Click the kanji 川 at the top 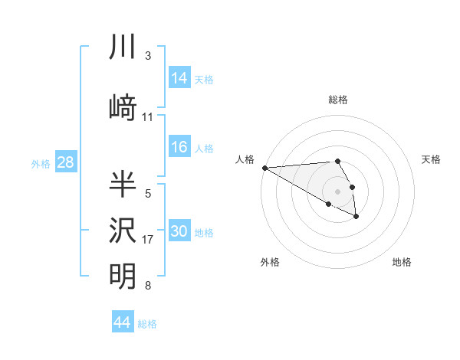123,47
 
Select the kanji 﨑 123,108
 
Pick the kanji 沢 123,231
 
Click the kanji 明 123,277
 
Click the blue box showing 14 179,77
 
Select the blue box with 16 179,147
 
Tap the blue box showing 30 179,231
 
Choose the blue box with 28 65,162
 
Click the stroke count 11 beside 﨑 148,117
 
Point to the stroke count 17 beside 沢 148,240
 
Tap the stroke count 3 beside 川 148,56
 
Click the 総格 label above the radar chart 338,100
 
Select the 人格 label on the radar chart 245,159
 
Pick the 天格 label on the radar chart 431,159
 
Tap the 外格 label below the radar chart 270,262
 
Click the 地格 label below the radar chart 402,262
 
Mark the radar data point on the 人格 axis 264,168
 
